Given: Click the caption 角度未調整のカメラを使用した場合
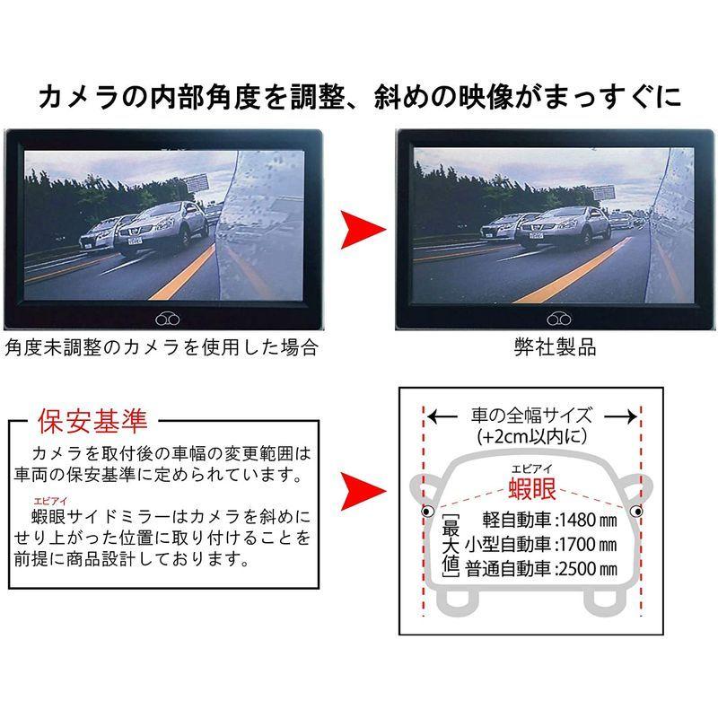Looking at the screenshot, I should tap(162, 347).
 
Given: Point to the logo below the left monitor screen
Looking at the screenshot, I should tap(166, 319).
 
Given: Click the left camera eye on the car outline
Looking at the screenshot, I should tap(428, 512).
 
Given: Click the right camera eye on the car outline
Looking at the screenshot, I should tap(636, 512).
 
